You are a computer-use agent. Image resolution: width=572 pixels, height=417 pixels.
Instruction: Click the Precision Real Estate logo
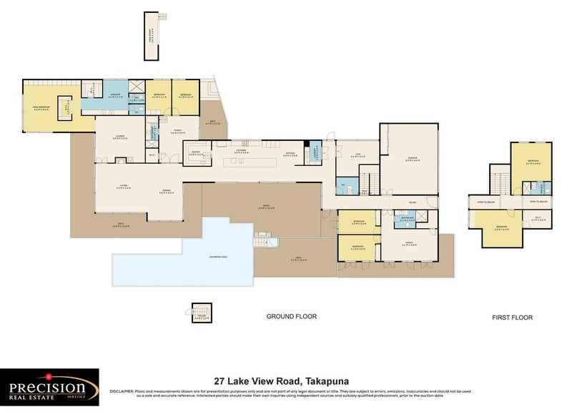49,387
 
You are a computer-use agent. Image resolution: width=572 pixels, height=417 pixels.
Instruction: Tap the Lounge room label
122,139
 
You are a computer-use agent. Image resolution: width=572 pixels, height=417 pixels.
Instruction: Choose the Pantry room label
194,152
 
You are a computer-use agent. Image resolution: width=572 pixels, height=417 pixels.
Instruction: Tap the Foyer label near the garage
413,202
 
